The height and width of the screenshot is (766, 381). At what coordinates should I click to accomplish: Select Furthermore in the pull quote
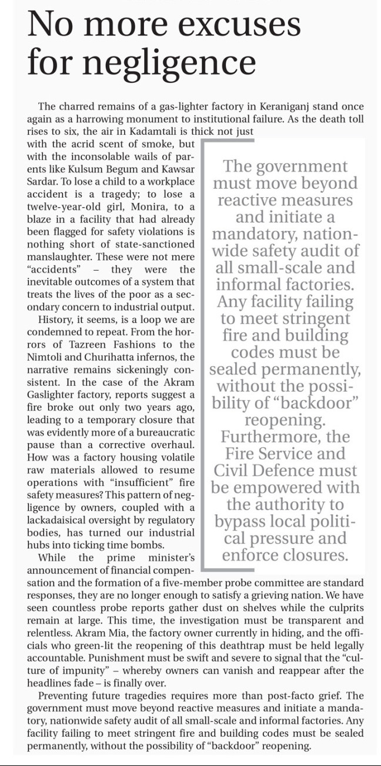(285, 437)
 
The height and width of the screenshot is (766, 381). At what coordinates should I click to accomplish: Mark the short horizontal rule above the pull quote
(228, 141)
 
